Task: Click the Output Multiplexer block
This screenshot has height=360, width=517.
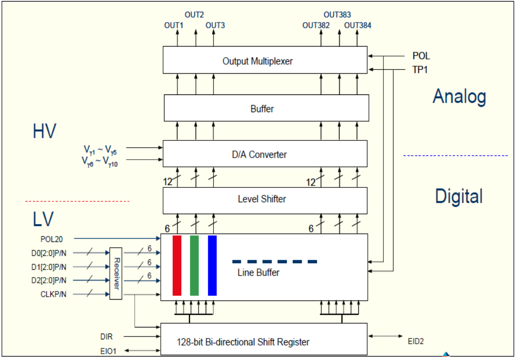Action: pyautogui.click(x=265, y=60)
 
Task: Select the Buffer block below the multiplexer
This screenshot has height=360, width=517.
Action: pyautogui.click(x=266, y=108)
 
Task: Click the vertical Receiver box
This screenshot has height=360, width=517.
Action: pyautogui.click(x=116, y=273)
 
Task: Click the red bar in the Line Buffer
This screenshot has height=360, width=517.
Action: pyautogui.click(x=177, y=266)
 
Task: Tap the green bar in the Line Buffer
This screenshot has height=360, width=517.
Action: pyautogui.click(x=194, y=266)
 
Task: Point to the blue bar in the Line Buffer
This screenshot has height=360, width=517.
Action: pyautogui.click(x=212, y=266)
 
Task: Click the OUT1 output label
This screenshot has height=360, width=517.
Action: pyautogui.click(x=174, y=25)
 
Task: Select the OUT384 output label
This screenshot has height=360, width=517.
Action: pyautogui.click(x=357, y=25)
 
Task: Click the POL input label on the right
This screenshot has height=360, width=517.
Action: pyautogui.click(x=421, y=56)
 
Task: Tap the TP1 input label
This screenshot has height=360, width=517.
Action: pyautogui.click(x=420, y=70)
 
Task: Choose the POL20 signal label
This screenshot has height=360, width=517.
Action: pyautogui.click(x=51, y=238)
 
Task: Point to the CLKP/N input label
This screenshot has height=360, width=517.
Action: pyautogui.click(x=54, y=294)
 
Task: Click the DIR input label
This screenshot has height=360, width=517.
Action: pyautogui.click(x=106, y=337)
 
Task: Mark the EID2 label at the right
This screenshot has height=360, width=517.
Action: pyautogui.click(x=415, y=341)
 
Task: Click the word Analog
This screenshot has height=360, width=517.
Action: pyautogui.click(x=459, y=97)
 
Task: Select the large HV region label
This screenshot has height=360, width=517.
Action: pyautogui.click(x=44, y=132)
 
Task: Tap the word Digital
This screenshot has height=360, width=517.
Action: pyautogui.click(x=458, y=197)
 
